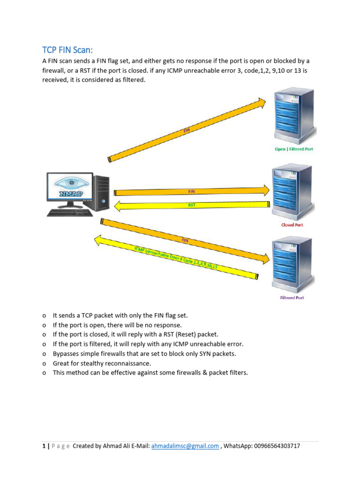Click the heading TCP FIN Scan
[x=71, y=50]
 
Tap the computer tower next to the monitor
[x=101, y=192]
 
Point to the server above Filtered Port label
[x=292, y=265]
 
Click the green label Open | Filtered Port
[x=293, y=149]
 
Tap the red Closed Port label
[x=292, y=225]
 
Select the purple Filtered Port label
[x=292, y=298]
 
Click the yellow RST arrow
[x=192, y=205]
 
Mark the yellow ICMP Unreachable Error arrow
[x=176, y=258]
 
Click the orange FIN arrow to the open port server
[x=187, y=130]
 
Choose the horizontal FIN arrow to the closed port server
[x=192, y=191]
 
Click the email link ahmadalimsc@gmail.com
[x=185, y=446]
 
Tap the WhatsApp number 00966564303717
[x=276, y=446]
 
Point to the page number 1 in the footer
[x=44, y=446]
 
